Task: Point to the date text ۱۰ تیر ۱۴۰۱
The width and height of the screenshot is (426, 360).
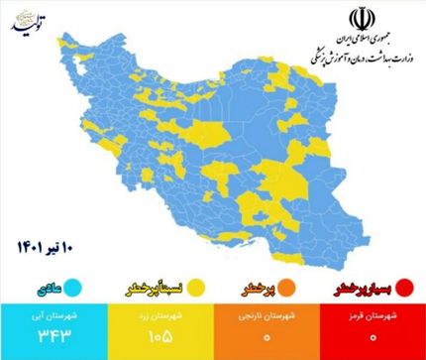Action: pos(48,245)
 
